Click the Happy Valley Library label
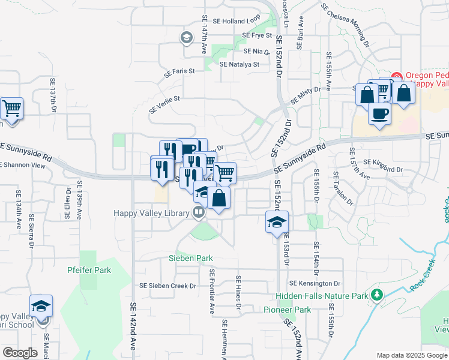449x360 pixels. [152, 212]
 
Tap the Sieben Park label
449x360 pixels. [190, 258]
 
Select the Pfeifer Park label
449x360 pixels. [89, 270]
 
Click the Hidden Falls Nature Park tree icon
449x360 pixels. [376, 295]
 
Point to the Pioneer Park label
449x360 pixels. [287, 310]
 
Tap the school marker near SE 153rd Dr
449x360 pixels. [276, 223]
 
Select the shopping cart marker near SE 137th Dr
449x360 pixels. [11, 109]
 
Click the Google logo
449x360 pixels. [20, 353]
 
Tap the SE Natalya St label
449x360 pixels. [240, 64]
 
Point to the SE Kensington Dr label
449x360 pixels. [315, 283]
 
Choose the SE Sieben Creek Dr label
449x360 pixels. [168, 286]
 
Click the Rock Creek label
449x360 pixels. [422, 280]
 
